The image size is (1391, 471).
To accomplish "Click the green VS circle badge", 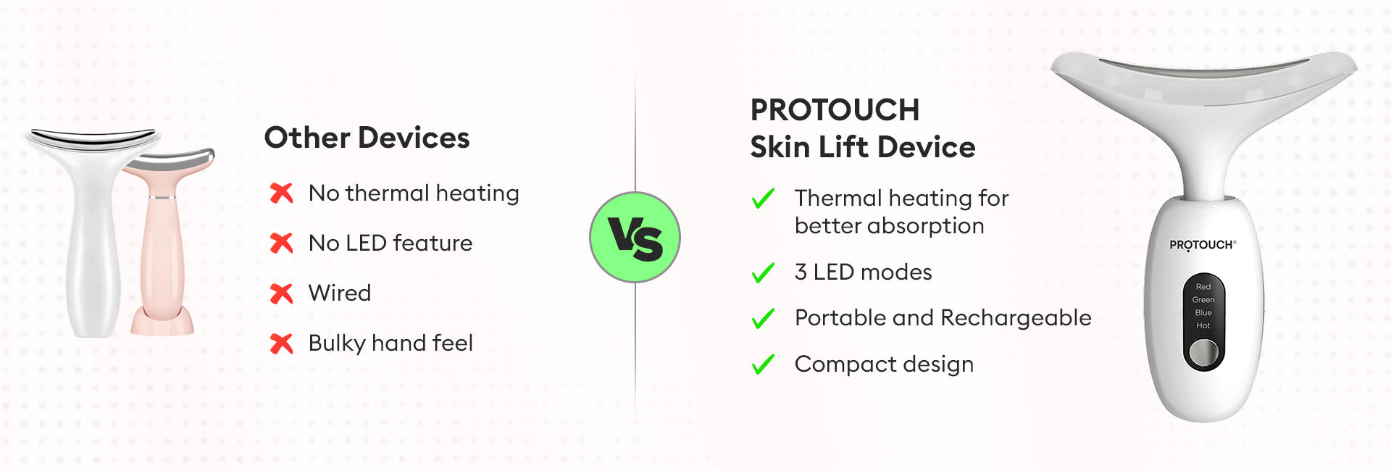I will click(635, 237).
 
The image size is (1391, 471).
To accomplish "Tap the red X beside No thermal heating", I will click(281, 193).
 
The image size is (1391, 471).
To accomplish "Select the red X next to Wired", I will click(281, 293).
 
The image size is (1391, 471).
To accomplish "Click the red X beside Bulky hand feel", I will click(281, 343).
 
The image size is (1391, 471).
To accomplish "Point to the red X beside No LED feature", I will click(281, 243).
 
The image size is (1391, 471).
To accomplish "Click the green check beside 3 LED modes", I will click(763, 273).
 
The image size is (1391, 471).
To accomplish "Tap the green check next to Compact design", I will click(763, 364).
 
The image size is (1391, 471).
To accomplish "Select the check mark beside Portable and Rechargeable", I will click(763, 319).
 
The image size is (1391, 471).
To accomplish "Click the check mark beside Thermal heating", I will click(763, 199).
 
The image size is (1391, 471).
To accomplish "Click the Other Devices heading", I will click(367, 138).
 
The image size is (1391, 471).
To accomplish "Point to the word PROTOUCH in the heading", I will click(835, 110).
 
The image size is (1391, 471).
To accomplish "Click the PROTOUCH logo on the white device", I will click(1203, 245).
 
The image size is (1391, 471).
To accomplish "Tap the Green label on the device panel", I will click(1203, 300).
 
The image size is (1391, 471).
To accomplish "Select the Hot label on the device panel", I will click(1203, 326).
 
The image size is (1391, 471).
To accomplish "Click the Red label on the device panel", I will click(1203, 287).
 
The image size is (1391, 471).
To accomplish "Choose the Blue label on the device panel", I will click(1203, 313).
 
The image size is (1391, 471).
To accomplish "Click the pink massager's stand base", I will click(162, 322).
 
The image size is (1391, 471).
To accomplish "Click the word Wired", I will click(340, 293).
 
